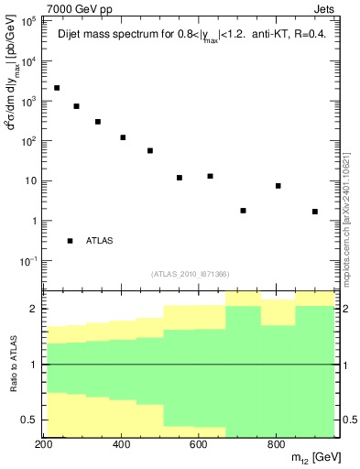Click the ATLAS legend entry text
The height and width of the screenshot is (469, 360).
click(x=101, y=241)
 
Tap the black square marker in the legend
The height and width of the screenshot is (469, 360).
click(x=71, y=241)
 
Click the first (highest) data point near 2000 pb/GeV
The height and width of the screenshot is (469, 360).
click(x=57, y=88)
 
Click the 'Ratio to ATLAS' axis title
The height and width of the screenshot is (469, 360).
click(x=12, y=365)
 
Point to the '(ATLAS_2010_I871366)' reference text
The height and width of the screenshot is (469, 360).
click(x=190, y=274)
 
